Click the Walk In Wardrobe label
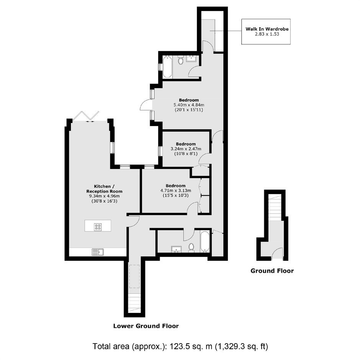tap(267, 29)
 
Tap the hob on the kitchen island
tap(98, 227)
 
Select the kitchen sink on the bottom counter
tap(98, 252)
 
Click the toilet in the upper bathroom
tap(181, 60)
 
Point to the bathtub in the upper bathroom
tap(167, 67)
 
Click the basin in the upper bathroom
tap(191, 59)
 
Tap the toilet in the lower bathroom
tap(191, 247)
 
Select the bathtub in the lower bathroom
tap(205, 242)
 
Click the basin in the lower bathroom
tap(176, 249)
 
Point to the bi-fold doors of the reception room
tap(86, 116)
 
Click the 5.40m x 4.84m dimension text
tap(189, 105)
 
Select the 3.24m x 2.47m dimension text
tap(186, 149)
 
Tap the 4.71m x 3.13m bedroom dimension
tap(176, 190)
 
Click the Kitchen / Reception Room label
tap(104, 189)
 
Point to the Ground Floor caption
tap(272, 271)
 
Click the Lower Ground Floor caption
tap(146, 326)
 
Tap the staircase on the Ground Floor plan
tap(275, 207)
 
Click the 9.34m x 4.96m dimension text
tap(104, 196)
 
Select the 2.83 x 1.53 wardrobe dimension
tap(267, 34)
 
